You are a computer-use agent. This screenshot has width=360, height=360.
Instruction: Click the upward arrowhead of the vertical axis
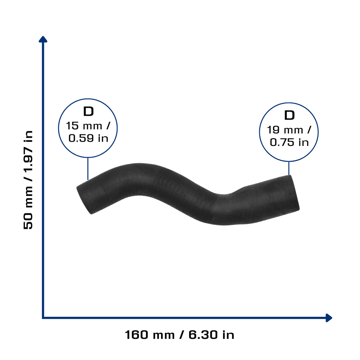point(43,39)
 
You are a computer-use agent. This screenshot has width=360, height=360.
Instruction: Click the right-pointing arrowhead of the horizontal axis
point(329,318)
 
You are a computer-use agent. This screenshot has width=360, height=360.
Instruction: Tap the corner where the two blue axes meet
point(43,318)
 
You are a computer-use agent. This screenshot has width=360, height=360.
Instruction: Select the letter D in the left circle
point(88,111)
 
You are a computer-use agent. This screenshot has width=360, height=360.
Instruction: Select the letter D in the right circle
point(289,115)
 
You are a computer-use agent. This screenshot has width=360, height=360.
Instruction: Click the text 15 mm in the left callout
point(84,126)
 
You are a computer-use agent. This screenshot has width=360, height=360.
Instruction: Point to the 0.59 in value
point(88,138)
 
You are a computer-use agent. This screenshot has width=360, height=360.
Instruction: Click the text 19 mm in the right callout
point(285,130)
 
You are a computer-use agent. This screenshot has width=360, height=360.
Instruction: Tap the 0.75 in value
point(289,142)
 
